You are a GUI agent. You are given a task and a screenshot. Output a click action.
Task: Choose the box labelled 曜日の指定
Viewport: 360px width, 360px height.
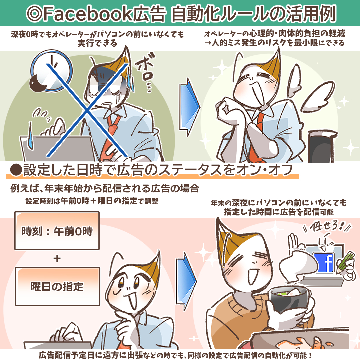[57, 286]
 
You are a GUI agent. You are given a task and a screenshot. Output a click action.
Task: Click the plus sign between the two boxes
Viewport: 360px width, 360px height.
[57, 258]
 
